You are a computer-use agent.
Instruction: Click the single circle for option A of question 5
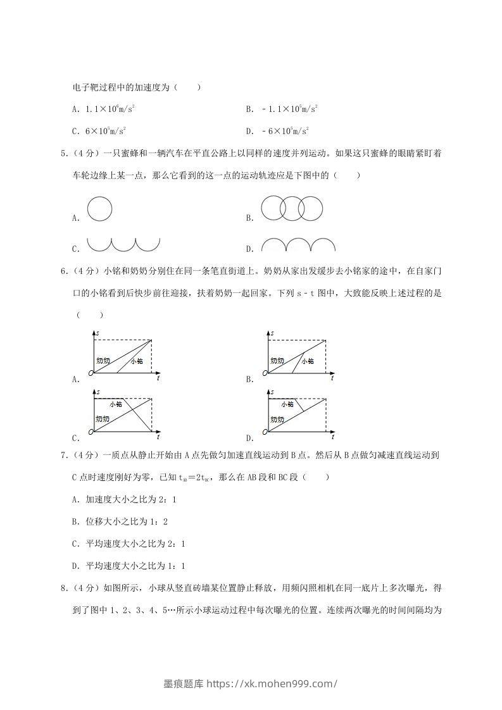tap(99, 209)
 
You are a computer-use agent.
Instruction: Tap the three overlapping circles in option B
tap(292, 208)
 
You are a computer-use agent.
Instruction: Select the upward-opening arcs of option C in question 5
tap(123, 244)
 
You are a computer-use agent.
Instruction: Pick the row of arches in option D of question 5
tap(298, 246)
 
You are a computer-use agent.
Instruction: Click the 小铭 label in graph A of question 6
tap(137, 361)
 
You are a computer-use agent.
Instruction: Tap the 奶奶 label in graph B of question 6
tap(277, 361)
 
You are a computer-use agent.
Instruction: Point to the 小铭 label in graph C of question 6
tap(116, 403)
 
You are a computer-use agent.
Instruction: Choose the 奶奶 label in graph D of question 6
tap(277, 419)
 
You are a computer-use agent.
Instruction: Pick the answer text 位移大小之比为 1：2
tap(126, 521)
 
